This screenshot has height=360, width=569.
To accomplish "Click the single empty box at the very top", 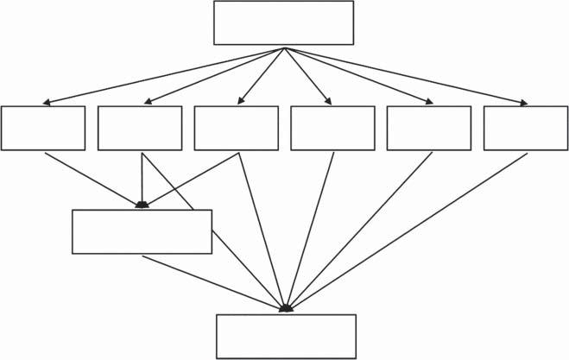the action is pyautogui.click(x=283, y=22).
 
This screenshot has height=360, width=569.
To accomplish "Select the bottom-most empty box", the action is pyautogui.click(x=286, y=336).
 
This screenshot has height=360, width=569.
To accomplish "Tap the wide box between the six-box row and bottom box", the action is pyautogui.click(x=142, y=231).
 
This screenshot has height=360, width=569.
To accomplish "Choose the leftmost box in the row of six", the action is pyautogui.click(x=43, y=128).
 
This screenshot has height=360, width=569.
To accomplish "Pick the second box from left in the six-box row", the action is pyautogui.click(x=140, y=128).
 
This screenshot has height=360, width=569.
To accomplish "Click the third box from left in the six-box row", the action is pyautogui.click(x=236, y=128).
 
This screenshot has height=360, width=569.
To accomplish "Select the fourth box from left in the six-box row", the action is pyautogui.click(x=332, y=128).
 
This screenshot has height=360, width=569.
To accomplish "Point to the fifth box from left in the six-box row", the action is pyautogui.click(x=429, y=128).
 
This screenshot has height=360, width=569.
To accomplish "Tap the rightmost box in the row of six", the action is pyautogui.click(x=525, y=128).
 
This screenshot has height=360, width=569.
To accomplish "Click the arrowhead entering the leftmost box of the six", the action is pyautogui.click(x=46, y=104).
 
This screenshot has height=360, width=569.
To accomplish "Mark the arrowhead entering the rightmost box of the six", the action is pyautogui.click(x=523, y=104).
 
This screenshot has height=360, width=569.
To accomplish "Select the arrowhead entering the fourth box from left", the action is pyautogui.click(x=330, y=103).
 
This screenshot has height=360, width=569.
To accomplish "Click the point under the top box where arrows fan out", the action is pyautogui.click(x=284, y=47).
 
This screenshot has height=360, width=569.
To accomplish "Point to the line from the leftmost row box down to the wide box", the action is pyautogui.click(x=91, y=178).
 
